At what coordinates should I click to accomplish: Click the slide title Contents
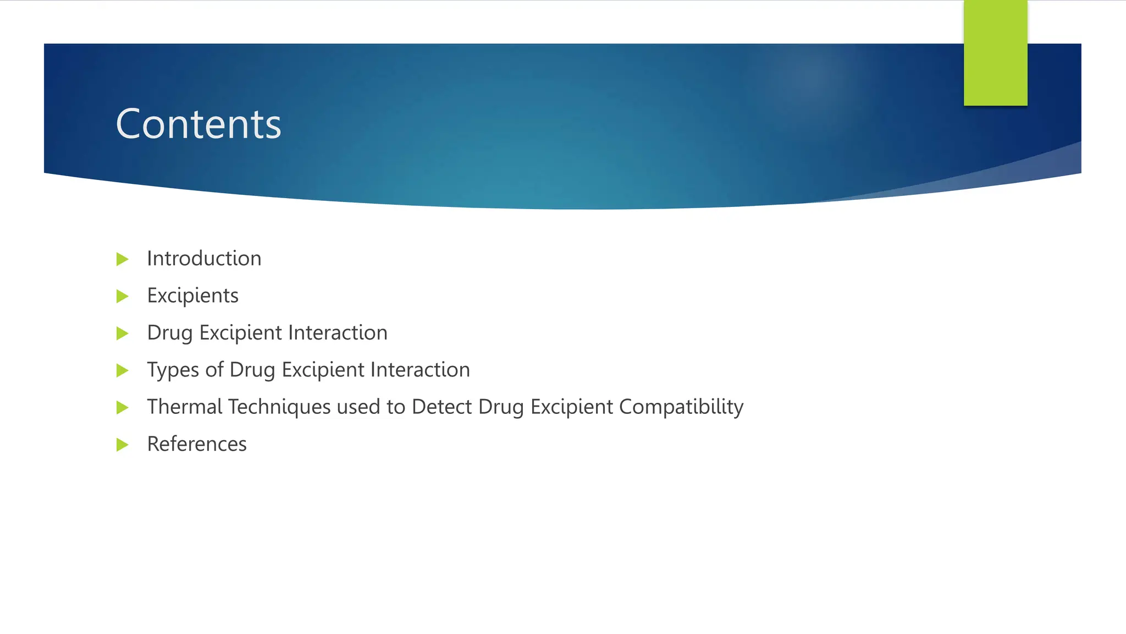click(x=198, y=124)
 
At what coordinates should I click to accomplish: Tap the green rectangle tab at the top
click(x=995, y=53)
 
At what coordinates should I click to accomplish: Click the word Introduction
click(x=204, y=259)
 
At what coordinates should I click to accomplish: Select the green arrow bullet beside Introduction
click(x=123, y=259)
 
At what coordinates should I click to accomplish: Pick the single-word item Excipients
click(x=192, y=296)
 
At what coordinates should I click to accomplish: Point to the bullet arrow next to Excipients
click(x=123, y=297)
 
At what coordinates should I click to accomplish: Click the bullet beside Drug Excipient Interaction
click(x=123, y=334)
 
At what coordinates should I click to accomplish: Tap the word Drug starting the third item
click(x=169, y=334)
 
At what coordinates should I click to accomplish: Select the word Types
click(x=173, y=370)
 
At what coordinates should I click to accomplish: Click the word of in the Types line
click(x=214, y=370)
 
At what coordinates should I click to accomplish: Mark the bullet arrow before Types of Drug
click(x=123, y=370)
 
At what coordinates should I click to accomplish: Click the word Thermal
click(x=185, y=407)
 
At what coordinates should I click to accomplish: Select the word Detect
click(x=441, y=407)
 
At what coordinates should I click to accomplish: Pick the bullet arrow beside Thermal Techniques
click(x=123, y=408)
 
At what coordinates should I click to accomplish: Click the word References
click(x=197, y=444)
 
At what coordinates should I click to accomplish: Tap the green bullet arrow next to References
click(x=123, y=445)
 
